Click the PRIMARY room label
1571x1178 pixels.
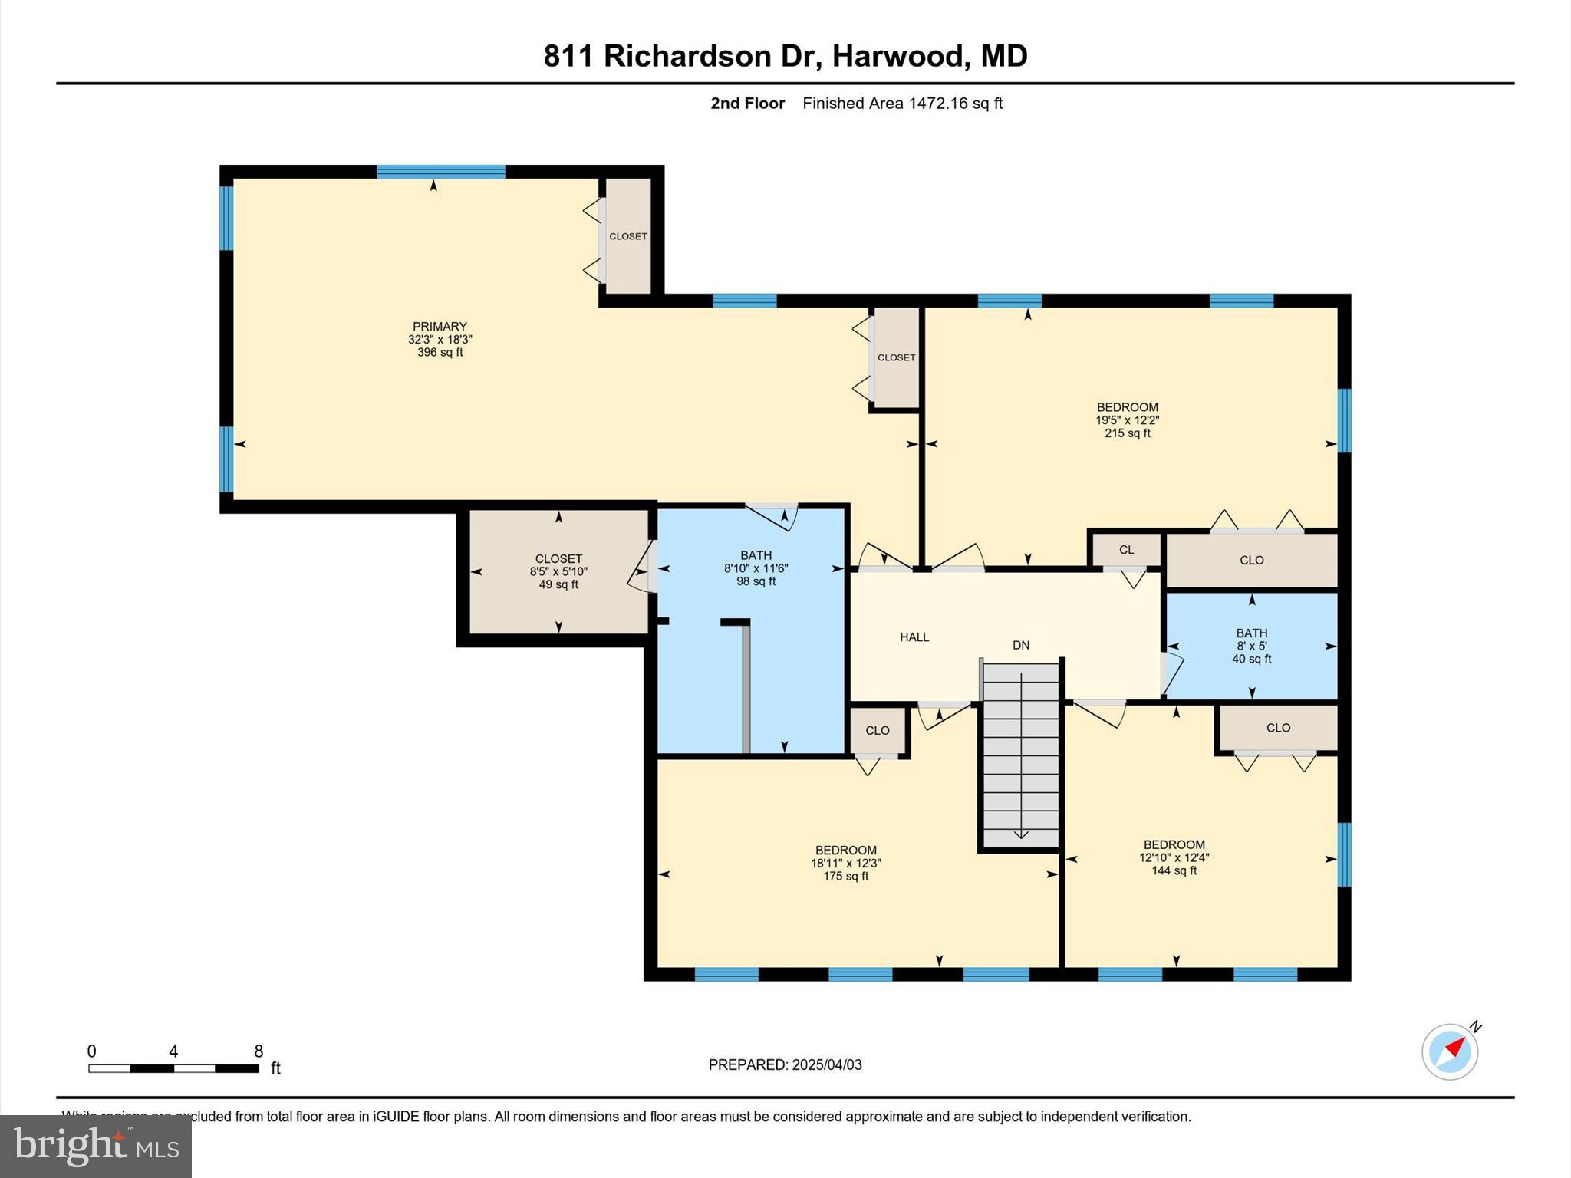(x=440, y=326)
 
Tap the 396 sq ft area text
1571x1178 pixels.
(x=440, y=353)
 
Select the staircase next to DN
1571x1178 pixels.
(x=1021, y=755)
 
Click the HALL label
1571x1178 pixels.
(x=914, y=637)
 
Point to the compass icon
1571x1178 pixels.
(x=1450, y=1051)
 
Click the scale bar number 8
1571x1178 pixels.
(x=259, y=1051)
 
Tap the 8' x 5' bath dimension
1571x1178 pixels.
(x=1251, y=646)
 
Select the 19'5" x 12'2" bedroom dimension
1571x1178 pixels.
(x=1127, y=420)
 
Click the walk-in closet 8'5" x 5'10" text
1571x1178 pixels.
(x=558, y=571)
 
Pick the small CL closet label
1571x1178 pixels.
(x=1126, y=549)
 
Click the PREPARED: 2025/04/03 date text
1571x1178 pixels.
(x=785, y=1064)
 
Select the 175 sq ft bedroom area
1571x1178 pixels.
(x=845, y=876)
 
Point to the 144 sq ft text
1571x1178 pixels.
(x=1174, y=870)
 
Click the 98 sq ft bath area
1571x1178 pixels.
(x=756, y=581)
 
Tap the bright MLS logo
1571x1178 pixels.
(x=96, y=1147)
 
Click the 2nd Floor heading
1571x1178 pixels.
(x=747, y=104)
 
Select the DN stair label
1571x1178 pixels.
(x=1020, y=645)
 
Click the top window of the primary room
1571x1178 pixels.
(x=441, y=172)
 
